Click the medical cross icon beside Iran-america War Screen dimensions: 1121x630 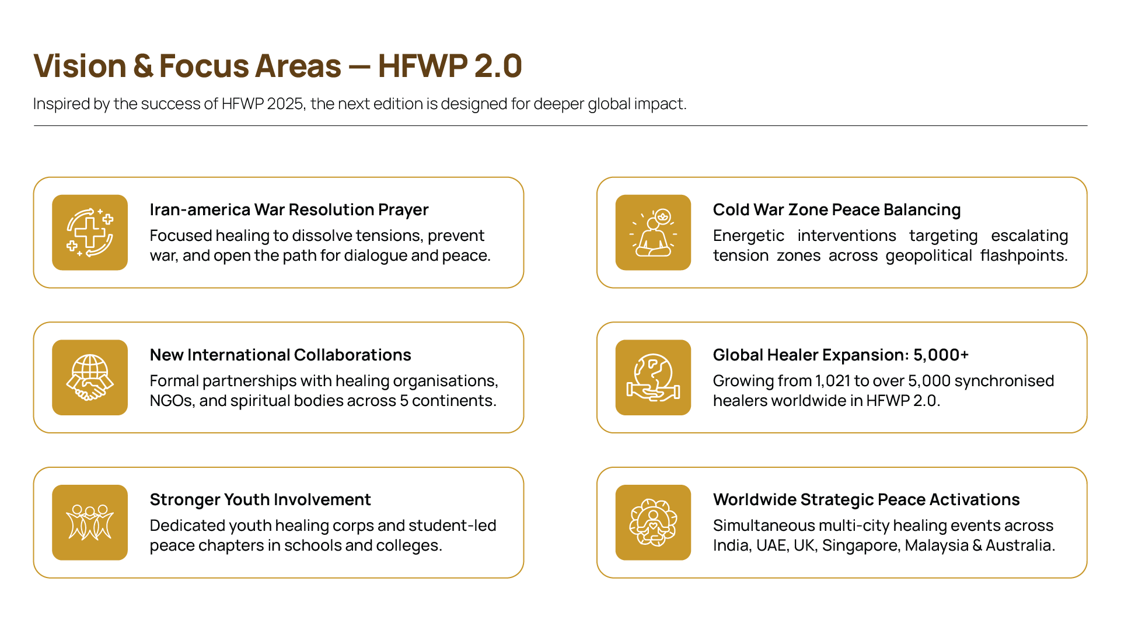tap(90, 232)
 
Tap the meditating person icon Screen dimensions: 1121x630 tap(653, 232)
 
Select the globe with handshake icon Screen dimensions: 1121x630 tap(90, 377)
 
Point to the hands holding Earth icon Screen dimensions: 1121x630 tap(653, 377)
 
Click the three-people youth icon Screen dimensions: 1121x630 tap(90, 523)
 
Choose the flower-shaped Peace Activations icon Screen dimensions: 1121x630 tap(653, 523)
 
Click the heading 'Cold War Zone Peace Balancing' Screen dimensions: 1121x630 tap(837, 209)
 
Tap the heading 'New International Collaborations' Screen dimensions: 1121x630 tap(281, 355)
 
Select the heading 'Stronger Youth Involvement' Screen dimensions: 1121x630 tap(260, 499)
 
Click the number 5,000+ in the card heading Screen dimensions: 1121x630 tap(941, 355)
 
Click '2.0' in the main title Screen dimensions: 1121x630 tap(498, 65)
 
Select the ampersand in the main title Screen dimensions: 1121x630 tap(143, 65)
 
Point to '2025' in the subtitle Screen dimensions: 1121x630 tap(286, 104)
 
